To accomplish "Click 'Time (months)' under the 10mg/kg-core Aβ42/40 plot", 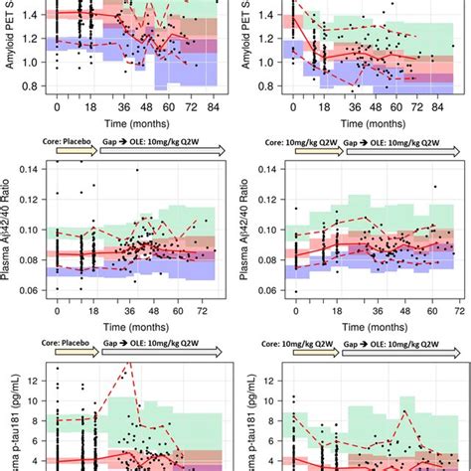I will click(x=369, y=322).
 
